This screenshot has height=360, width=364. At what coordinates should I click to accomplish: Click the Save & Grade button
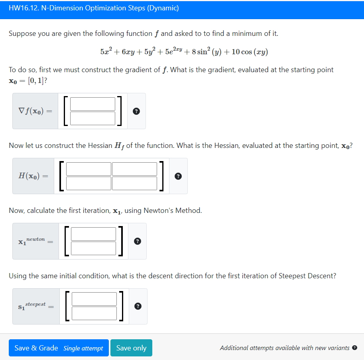pyautogui.click(x=59, y=348)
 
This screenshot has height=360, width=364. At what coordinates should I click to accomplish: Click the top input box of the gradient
pyautogui.click(x=93, y=104)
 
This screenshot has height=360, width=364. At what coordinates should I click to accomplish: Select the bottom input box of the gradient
pyautogui.click(x=93, y=118)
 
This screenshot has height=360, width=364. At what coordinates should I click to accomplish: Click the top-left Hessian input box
pyautogui.click(x=89, y=169)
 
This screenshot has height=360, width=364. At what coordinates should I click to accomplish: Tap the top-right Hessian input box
pyautogui.click(x=135, y=169)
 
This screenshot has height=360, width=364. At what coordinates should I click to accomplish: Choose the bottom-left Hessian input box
pyautogui.click(x=89, y=183)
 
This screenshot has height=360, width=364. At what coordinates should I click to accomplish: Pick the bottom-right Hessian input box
pyautogui.click(x=135, y=183)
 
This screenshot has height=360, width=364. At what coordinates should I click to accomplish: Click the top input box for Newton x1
pyautogui.click(x=94, y=234)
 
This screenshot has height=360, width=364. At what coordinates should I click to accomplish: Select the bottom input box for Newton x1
pyautogui.click(x=94, y=248)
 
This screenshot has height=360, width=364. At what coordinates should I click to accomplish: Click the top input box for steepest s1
pyautogui.click(x=94, y=299)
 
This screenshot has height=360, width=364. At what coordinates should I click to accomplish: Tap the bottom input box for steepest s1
pyautogui.click(x=94, y=313)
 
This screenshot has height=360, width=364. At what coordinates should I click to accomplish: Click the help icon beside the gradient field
pyautogui.click(x=136, y=112)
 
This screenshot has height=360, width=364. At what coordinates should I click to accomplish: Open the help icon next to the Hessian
pyautogui.click(x=178, y=177)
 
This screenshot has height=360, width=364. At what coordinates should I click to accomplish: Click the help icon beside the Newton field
pyautogui.click(x=137, y=242)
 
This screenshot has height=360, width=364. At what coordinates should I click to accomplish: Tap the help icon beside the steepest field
pyautogui.click(x=138, y=307)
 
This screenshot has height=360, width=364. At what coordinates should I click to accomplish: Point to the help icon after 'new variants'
pyautogui.click(x=355, y=348)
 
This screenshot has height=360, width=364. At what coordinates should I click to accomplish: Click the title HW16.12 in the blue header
pyautogui.click(x=93, y=8)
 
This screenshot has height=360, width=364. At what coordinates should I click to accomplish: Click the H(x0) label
pyautogui.click(x=33, y=176)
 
